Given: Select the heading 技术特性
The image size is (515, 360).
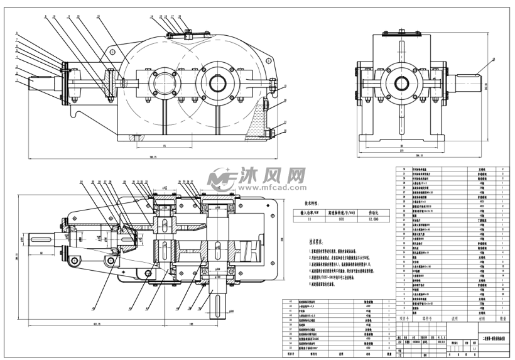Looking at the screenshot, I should click(x=312, y=204).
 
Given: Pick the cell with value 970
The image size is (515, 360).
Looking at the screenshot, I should click(x=340, y=221).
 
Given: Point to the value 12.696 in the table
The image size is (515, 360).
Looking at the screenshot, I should click(x=375, y=221).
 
